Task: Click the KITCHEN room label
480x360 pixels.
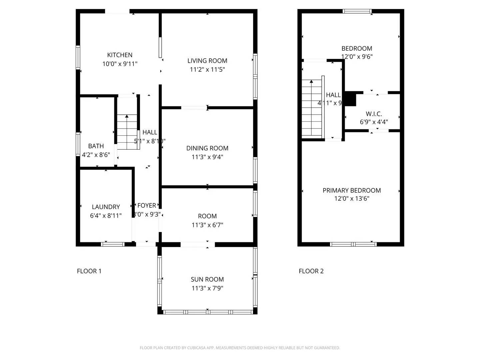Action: coord(120,55)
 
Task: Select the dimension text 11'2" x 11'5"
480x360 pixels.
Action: coord(207,69)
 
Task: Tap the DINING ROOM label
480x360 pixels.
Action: coord(207,148)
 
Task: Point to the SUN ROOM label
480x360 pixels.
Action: coord(207,279)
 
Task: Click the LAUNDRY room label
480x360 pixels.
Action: coord(106,207)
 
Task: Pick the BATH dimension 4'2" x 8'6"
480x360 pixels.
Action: coord(96,155)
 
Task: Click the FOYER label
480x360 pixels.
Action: coord(147,206)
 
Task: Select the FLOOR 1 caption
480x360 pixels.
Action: coord(89,271)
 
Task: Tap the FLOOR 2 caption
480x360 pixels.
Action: coord(311,271)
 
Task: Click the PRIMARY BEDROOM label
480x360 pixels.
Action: coord(352,190)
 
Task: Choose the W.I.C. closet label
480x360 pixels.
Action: coord(374,114)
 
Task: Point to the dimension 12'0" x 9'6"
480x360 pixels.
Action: coord(357,57)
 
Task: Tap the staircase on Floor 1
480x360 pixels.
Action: coord(127,132)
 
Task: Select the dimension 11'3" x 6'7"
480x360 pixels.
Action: coord(207,225)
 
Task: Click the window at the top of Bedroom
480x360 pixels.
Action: coord(357,11)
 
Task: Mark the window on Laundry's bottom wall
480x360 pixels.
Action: coord(113,244)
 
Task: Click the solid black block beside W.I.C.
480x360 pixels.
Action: coord(350,99)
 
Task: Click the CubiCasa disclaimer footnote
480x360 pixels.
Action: coord(240,348)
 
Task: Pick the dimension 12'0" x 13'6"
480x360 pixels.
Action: coord(352,199)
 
